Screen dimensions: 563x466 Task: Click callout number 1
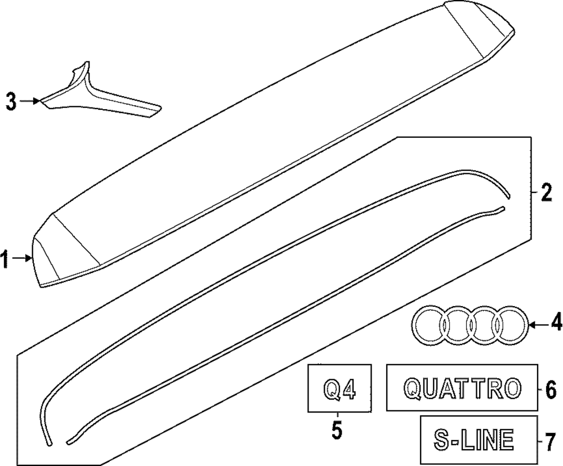(x=5, y=261)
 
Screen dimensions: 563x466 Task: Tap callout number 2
(x=546, y=193)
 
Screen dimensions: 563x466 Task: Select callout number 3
(x=11, y=102)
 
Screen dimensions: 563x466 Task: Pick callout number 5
(x=337, y=431)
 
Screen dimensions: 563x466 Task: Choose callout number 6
(x=550, y=388)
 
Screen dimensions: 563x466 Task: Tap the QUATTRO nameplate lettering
(x=462, y=388)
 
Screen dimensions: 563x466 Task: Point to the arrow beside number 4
(x=537, y=324)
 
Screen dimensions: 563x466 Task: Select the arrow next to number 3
(x=31, y=101)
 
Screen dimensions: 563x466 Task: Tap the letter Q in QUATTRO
(x=413, y=388)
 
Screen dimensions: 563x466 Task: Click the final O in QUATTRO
(x=512, y=388)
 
